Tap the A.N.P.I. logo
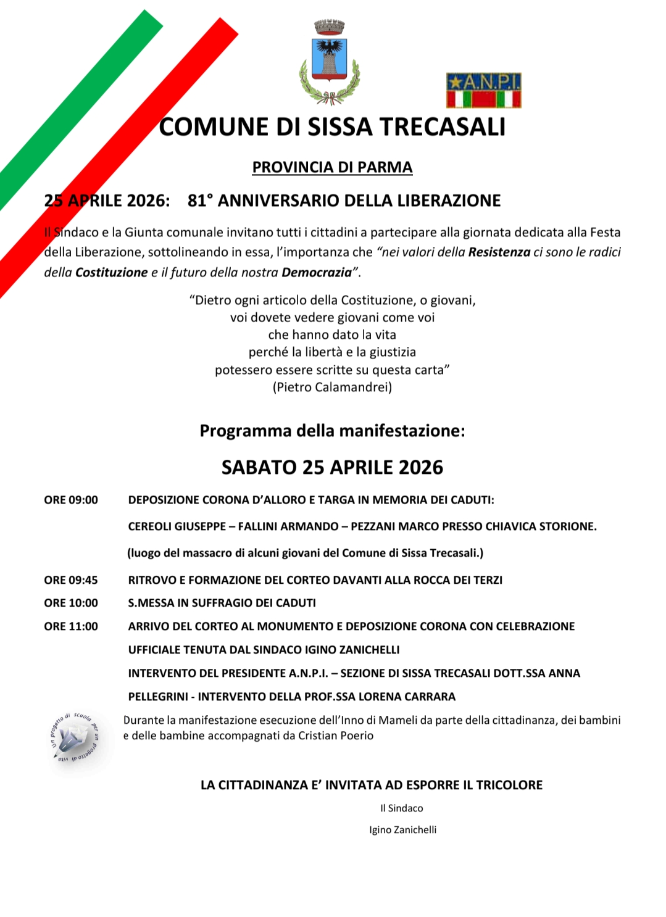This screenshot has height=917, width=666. point(483,90)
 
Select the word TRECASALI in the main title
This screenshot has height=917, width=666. point(442,127)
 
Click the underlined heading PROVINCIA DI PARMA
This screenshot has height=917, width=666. point(332,167)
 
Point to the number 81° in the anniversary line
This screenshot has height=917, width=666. point(200,201)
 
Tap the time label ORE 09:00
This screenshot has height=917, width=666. point(71,500)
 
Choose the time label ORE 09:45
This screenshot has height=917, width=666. point(71,580)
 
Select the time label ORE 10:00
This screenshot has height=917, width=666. point(71,603)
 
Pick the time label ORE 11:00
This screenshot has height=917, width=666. point(71,626)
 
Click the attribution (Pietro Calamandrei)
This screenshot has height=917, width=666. point(332,388)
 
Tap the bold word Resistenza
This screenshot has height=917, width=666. point(499,252)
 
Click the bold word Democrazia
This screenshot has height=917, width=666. point(316,272)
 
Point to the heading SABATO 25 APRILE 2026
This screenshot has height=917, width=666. point(332,467)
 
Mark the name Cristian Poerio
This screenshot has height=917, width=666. point(336,736)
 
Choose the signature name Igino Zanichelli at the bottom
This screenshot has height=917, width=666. point(402,830)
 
